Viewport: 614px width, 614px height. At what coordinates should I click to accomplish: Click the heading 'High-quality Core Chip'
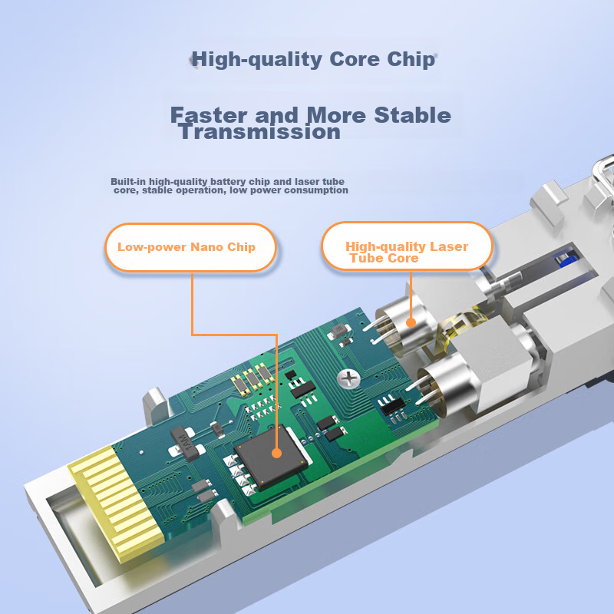[313, 60]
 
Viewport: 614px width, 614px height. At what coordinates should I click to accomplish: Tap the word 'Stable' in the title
[412, 115]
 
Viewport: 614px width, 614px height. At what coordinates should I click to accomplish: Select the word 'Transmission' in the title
[259, 131]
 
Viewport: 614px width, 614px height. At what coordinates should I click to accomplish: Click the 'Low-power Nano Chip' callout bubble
[190, 247]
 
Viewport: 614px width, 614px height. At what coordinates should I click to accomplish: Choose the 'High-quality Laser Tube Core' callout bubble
[407, 246]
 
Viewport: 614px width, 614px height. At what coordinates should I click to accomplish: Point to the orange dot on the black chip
[276, 454]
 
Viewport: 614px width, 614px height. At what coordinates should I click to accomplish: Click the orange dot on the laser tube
[411, 322]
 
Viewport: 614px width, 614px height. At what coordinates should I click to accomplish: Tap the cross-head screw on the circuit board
[348, 378]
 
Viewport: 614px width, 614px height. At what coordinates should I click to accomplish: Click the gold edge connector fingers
[117, 503]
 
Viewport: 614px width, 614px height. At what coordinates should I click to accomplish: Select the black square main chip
[271, 456]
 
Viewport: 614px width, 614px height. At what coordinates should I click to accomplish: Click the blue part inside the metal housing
[568, 260]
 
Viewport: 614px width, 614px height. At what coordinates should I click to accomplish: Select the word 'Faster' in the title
[208, 115]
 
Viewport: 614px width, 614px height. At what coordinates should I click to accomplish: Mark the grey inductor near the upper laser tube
[338, 332]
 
